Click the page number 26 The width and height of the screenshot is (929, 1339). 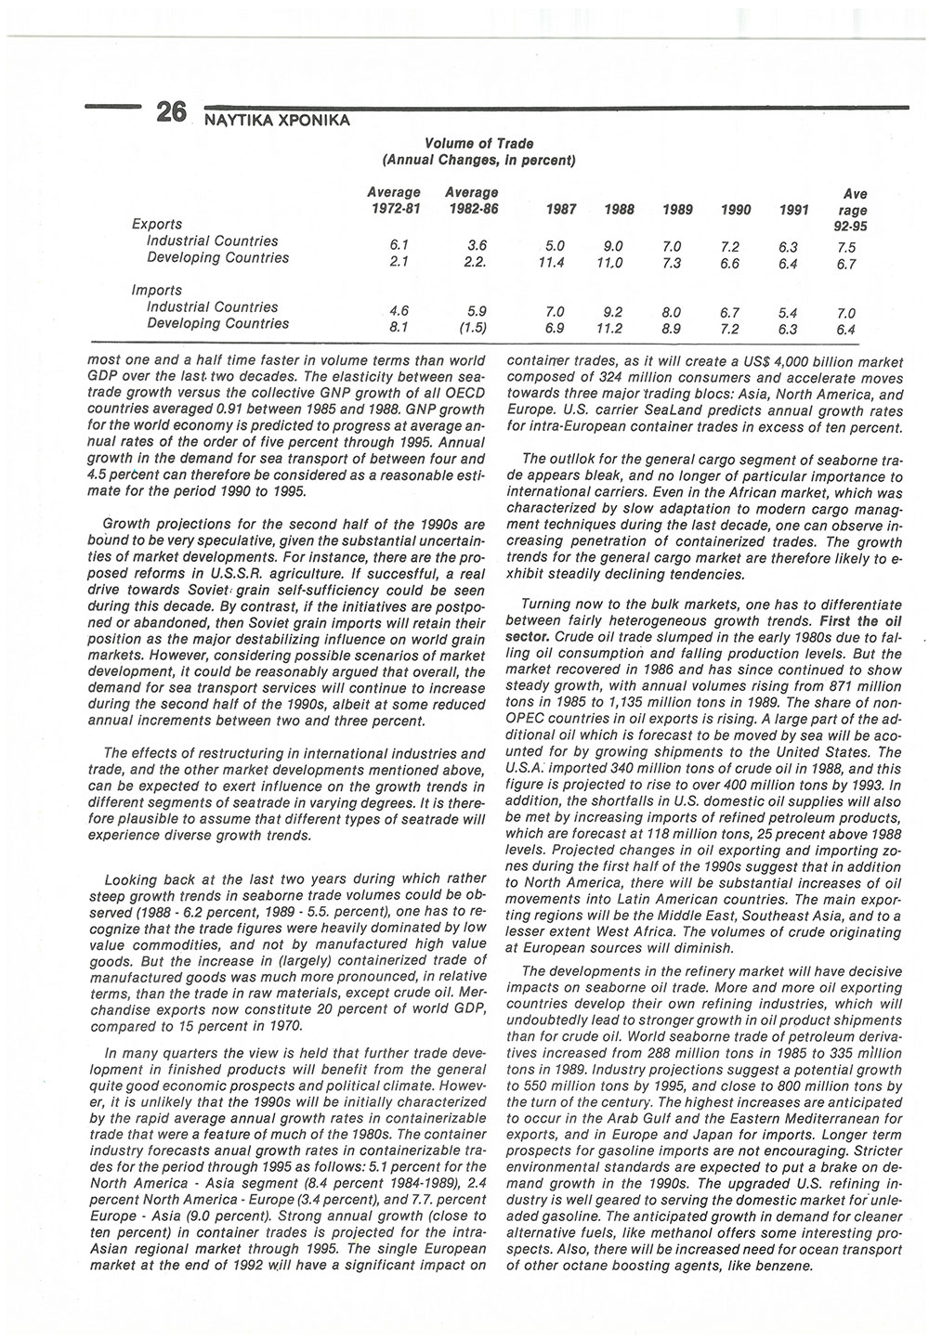click(x=173, y=112)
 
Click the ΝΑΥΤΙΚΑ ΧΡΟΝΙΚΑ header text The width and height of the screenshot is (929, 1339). click(x=270, y=121)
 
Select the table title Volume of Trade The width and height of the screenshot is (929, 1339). click(x=478, y=143)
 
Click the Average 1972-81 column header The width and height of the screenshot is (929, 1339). click(x=394, y=201)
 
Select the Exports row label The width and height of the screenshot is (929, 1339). click(x=157, y=224)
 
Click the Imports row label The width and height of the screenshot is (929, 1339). click(x=157, y=290)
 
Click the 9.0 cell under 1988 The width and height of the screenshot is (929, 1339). click(x=612, y=247)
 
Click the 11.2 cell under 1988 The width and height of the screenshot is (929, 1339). click(x=610, y=329)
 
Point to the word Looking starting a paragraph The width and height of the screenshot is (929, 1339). click(x=135, y=878)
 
